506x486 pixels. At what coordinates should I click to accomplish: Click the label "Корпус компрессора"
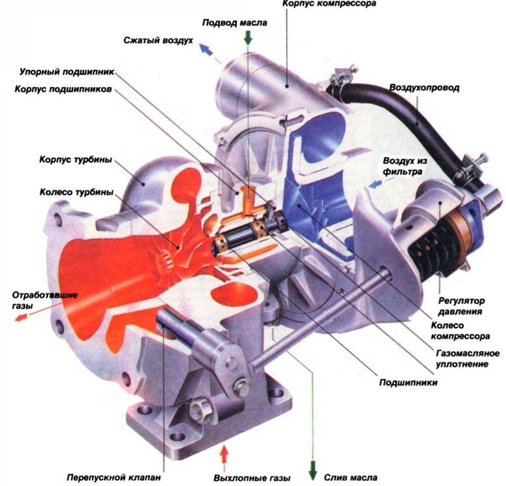pyautogui.click(x=329, y=4)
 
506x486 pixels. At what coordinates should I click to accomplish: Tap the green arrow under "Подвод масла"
pyautogui.click(x=248, y=37)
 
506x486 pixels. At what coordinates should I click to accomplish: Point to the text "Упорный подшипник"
pyautogui.click(x=67, y=71)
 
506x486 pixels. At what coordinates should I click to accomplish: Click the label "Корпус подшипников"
pyautogui.click(x=64, y=89)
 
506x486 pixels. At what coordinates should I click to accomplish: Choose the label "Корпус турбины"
pyautogui.click(x=76, y=160)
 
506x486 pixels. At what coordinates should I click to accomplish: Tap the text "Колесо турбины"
pyautogui.click(x=77, y=192)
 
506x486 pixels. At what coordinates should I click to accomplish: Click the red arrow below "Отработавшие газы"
pyautogui.click(x=20, y=318)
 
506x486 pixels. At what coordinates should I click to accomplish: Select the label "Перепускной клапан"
pyautogui.click(x=114, y=478)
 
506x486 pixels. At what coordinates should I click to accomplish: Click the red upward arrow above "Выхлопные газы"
pyautogui.click(x=224, y=454)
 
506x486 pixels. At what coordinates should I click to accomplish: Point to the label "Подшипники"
pyautogui.click(x=408, y=383)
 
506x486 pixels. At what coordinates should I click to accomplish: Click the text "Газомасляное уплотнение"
pyautogui.click(x=468, y=359)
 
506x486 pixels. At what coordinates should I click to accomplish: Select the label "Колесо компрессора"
pyautogui.click(x=461, y=331)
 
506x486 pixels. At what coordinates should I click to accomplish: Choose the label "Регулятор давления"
pyautogui.click(x=461, y=306)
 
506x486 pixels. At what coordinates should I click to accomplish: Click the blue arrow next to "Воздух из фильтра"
pyautogui.click(x=375, y=184)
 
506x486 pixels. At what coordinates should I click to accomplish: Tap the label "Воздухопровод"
pyautogui.click(x=424, y=88)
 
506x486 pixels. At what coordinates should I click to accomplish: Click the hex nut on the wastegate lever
pyautogui.click(x=197, y=409)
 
